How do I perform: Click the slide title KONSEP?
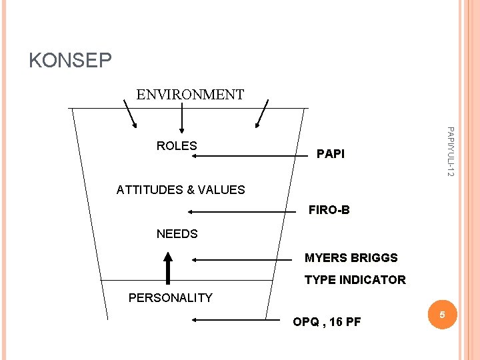(70, 61)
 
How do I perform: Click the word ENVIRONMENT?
(190, 95)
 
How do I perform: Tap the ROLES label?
(177, 146)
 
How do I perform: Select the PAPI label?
(331, 154)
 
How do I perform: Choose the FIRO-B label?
(329, 211)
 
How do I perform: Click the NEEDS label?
(177, 234)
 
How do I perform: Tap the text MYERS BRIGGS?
(351, 258)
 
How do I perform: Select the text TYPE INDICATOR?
(355, 280)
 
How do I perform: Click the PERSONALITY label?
(170, 298)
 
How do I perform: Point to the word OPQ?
(305, 323)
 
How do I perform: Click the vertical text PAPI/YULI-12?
(451, 151)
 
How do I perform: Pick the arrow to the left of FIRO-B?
(241, 211)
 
